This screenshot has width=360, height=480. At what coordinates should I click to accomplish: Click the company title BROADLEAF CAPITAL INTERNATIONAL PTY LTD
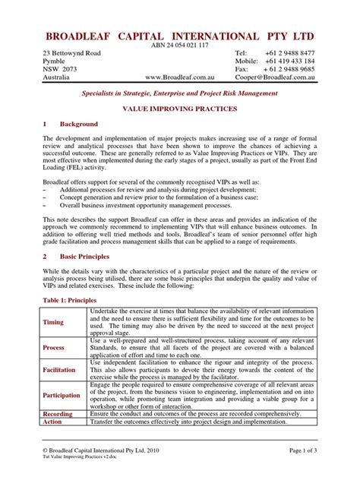click(x=179, y=36)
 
